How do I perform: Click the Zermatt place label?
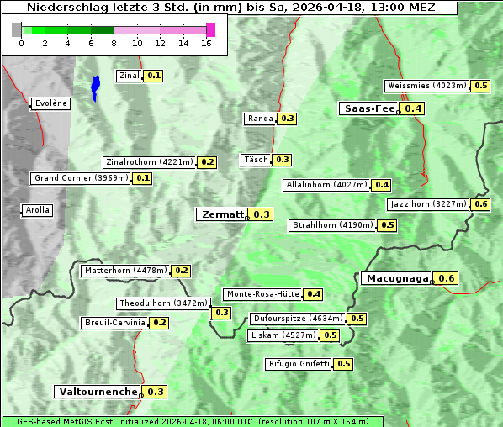(221, 214)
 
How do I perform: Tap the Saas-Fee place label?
(368, 108)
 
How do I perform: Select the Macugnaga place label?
(396, 278)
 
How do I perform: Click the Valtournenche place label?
(98, 392)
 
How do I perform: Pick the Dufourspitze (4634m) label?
(298, 319)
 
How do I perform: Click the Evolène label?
(50, 103)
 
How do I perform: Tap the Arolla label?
(37, 210)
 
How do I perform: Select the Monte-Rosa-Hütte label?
(262, 294)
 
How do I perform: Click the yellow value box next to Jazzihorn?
(481, 204)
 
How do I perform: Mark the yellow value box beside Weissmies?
(481, 86)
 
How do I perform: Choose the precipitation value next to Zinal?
(154, 76)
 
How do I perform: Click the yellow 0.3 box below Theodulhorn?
(222, 313)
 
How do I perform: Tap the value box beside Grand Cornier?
(143, 178)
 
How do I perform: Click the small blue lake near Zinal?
(95, 86)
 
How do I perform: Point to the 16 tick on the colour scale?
(206, 44)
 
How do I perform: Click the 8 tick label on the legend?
(114, 44)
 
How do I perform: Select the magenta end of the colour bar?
(210, 29)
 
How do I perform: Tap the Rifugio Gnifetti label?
(299, 364)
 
